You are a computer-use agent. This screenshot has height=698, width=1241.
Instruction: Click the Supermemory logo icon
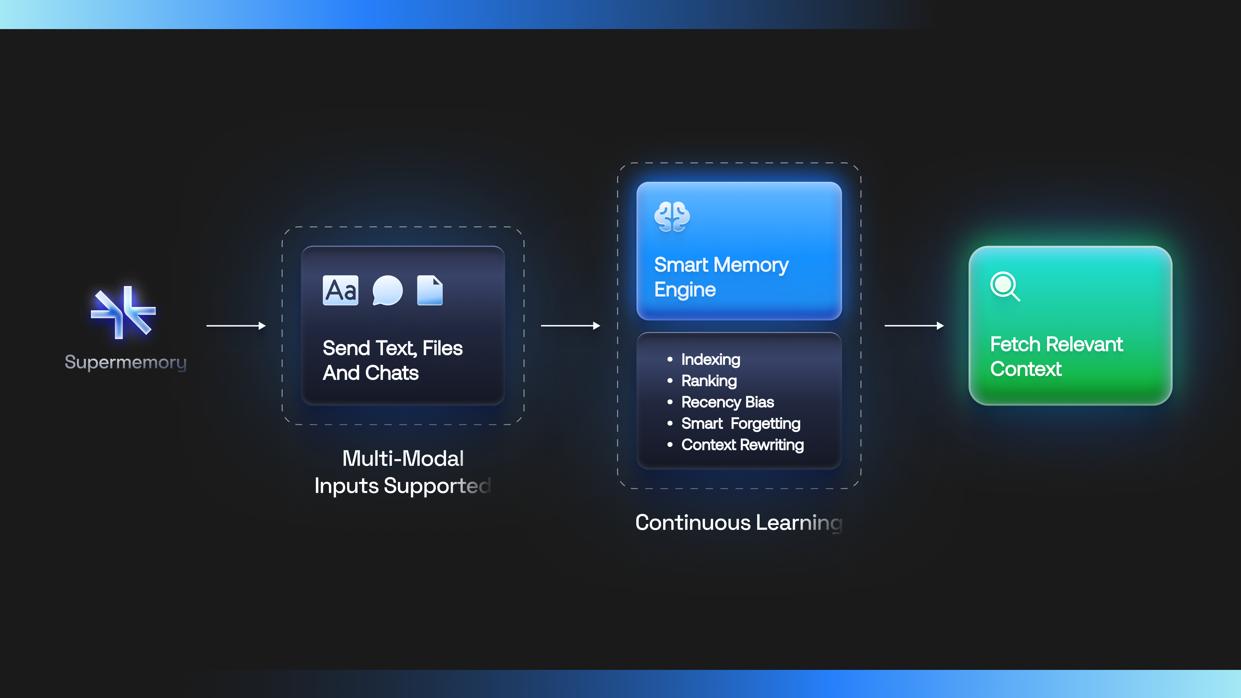123,312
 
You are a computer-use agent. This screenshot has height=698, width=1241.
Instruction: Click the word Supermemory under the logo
126,362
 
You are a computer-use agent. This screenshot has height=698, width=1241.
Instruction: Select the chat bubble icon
387,291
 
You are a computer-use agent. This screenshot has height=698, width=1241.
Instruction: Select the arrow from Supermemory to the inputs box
236,326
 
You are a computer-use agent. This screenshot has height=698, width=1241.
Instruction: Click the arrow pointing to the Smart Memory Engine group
570,326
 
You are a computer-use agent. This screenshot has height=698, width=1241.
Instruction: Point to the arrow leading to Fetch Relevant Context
914,326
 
